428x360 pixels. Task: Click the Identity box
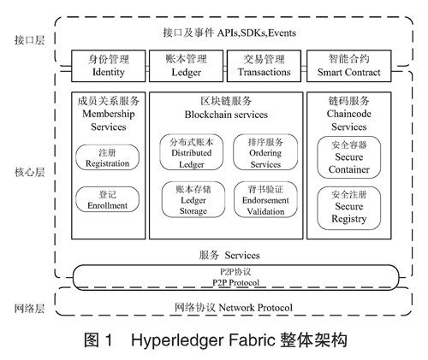pos(109,66)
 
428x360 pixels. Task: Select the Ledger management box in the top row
pos(186,66)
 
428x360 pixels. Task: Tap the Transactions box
pos(264,66)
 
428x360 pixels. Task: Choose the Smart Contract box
pos(349,66)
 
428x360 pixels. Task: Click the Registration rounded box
pos(107,157)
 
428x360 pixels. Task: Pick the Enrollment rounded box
pos(107,199)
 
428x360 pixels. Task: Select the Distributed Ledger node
pos(192,152)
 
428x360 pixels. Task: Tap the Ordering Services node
pos(265,152)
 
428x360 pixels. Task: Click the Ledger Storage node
pos(193,199)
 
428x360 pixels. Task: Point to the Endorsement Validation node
pos(265,199)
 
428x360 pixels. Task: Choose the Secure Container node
pos(349,157)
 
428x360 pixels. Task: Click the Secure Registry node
pos(349,208)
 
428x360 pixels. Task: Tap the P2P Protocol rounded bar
pos(235,277)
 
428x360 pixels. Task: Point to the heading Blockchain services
pos(226,115)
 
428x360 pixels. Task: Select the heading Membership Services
pos(109,121)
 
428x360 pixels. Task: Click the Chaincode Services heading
pos(349,121)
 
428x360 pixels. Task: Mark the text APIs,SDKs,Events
pos(257,33)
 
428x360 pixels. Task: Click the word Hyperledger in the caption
pos(177,340)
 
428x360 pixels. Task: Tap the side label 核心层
pos(30,172)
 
